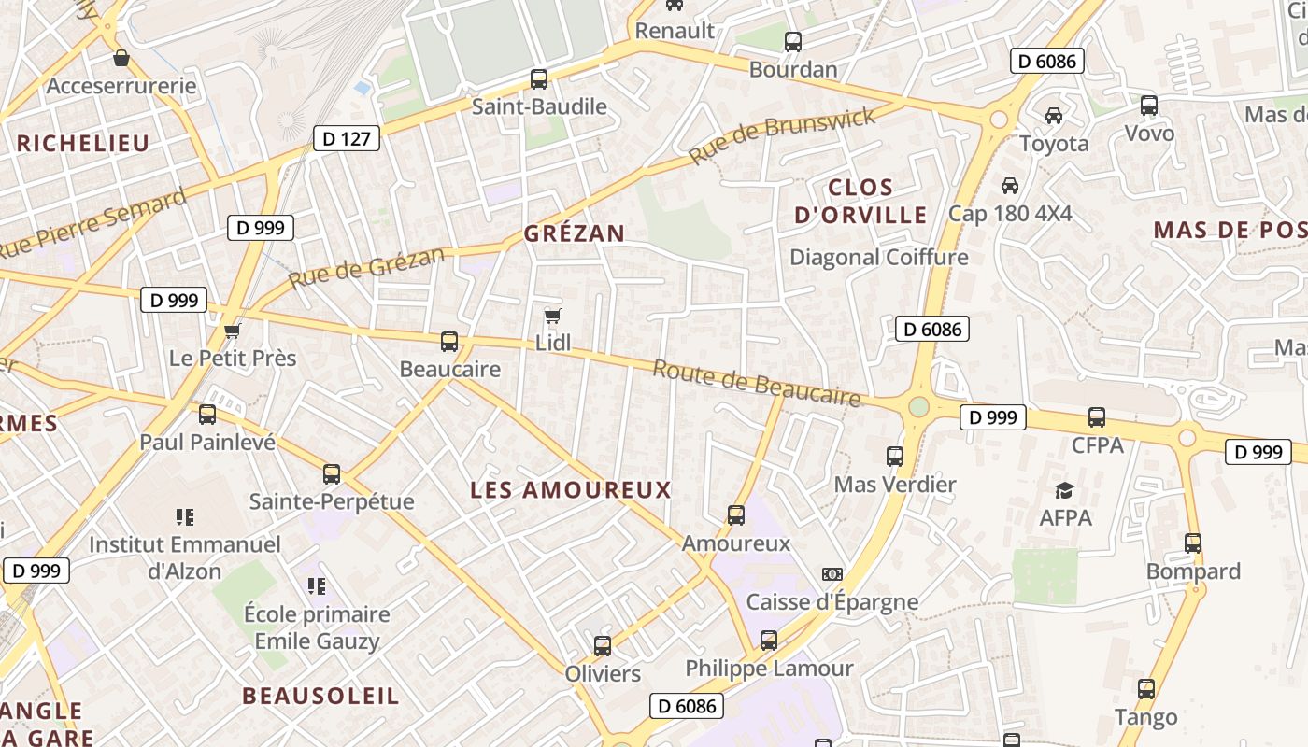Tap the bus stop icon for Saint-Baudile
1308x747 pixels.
point(539,79)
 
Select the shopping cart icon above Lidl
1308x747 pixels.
point(553,316)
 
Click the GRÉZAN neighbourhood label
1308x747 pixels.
point(574,233)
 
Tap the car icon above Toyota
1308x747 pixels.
point(1054,116)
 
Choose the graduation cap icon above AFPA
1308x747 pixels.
point(1064,490)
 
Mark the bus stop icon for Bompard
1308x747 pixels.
point(1193,543)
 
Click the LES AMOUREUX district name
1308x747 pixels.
point(571,490)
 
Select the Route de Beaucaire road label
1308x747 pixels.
point(756,383)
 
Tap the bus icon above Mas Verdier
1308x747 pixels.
point(895,457)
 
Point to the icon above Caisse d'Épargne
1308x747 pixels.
point(832,574)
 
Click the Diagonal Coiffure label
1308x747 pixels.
point(879,257)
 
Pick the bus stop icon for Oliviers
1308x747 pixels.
point(603,645)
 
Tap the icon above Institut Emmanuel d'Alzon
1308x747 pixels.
point(185,516)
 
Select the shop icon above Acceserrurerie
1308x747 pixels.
point(121,58)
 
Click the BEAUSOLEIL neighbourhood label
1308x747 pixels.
point(320,696)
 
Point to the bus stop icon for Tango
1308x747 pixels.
point(1146,690)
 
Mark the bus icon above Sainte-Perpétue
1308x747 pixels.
point(332,473)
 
